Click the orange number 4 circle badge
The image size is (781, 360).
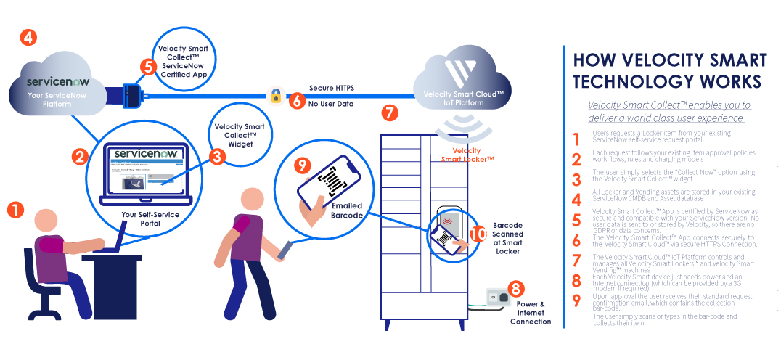[27, 38]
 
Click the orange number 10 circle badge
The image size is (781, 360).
[478, 234]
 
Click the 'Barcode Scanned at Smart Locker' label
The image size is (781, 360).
[507, 239]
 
